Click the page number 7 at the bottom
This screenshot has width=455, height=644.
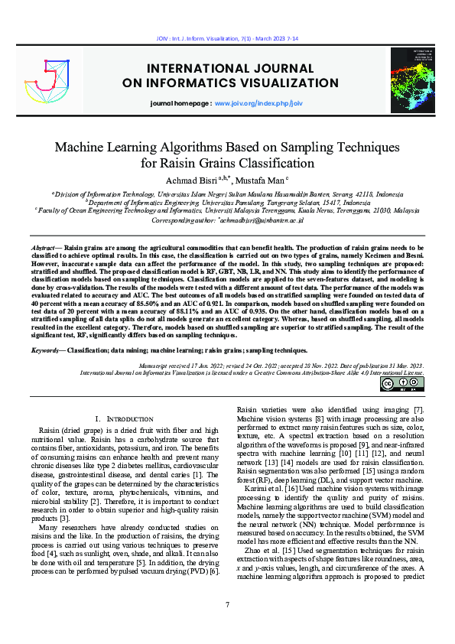227,605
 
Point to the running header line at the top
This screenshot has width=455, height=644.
227,37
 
